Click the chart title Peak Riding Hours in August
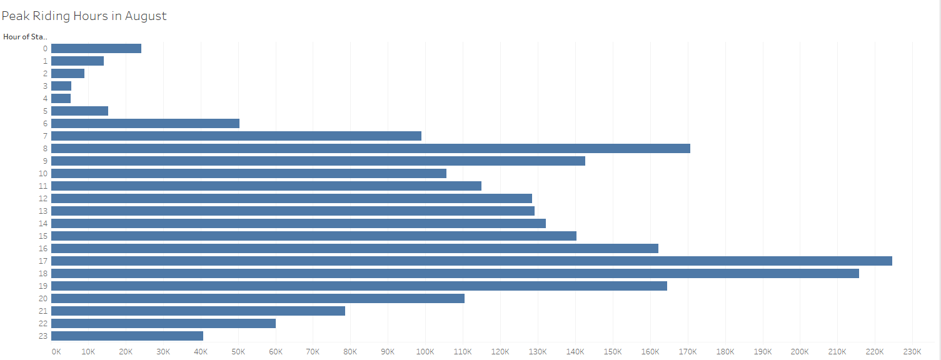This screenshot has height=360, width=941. pyautogui.click(x=84, y=16)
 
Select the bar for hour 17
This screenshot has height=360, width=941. pyautogui.click(x=471, y=261)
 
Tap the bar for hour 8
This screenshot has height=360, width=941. pyautogui.click(x=371, y=148)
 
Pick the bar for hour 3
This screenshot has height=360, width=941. pyautogui.click(x=61, y=86)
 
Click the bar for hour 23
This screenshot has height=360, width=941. pyautogui.click(x=127, y=336)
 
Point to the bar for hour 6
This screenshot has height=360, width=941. pyautogui.click(x=145, y=123)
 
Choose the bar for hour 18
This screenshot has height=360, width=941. pyautogui.click(x=455, y=273)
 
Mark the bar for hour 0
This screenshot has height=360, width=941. pyautogui.click(x=96, y=48)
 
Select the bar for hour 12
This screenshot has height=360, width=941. pyautogui.click(x=291, y=198)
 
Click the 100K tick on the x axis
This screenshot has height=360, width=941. pyautogui.click(x=425, y=351)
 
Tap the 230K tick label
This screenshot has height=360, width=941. pyautogui.click(x=912, y=351)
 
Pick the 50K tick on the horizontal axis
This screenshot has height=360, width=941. pyautogui.click(x=238, y=351)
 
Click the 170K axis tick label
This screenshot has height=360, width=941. pyautogui.click(x=687, y=351)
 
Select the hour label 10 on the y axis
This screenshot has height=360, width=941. pyautogui.click(x=43, y=173)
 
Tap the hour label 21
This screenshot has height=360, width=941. pyautogui.click(x=43, y=311)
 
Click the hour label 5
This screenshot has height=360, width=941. pyautogui.click(x=45, y=111)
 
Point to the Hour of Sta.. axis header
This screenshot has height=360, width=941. pyautogui.click(x=25, y=36)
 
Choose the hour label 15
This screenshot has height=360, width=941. pyautogui.click(x=43, y=236)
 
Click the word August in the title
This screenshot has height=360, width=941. pyautogui.click(x=146, y=16)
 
